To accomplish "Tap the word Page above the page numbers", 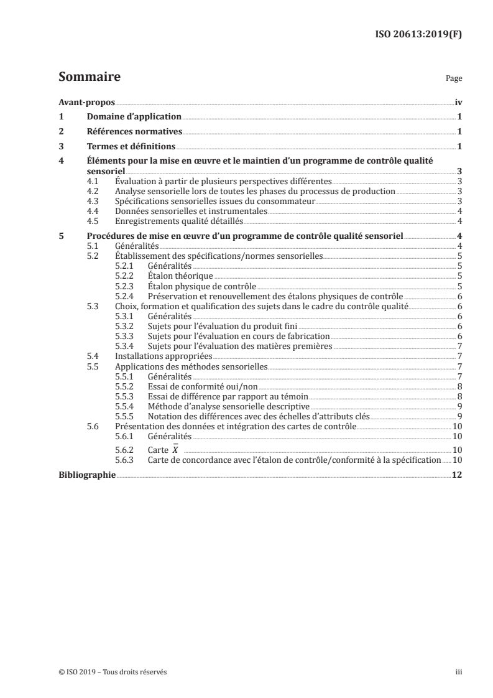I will (x=454, y=80).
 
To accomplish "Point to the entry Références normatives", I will (x=133, y=132).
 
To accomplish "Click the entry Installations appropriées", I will (x=164, y=356).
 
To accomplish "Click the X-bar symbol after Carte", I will (x=176, y=449).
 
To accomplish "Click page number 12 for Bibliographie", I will (x=457, y=475).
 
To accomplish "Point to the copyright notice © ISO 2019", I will (x=113, y=672).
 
